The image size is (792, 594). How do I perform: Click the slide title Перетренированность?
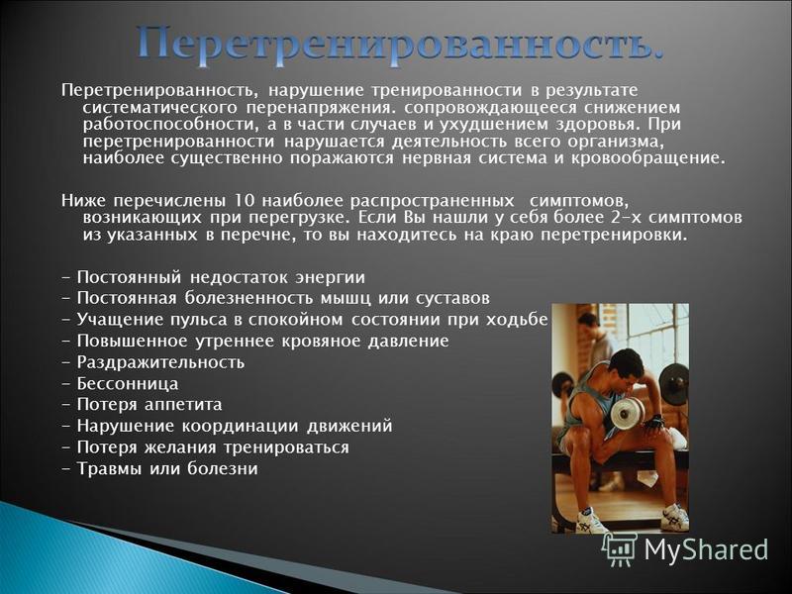(400, 46)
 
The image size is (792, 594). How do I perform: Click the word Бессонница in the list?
(128, 384)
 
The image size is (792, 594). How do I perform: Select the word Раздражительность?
(160, 362)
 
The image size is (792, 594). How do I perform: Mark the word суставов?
(452, 298)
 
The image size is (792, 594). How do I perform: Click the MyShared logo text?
(706, 548)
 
